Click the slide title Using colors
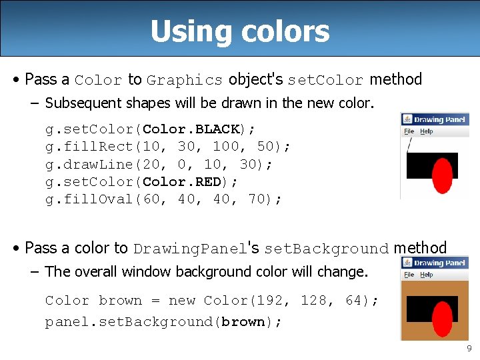(240, 31)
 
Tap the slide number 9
(469, 348)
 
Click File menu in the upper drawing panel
(409, 131)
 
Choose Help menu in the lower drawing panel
(427, 274)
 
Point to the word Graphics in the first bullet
(185, 80)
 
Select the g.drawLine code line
(159, 164)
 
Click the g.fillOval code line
(163, 199)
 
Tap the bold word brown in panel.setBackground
(243, 322)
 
